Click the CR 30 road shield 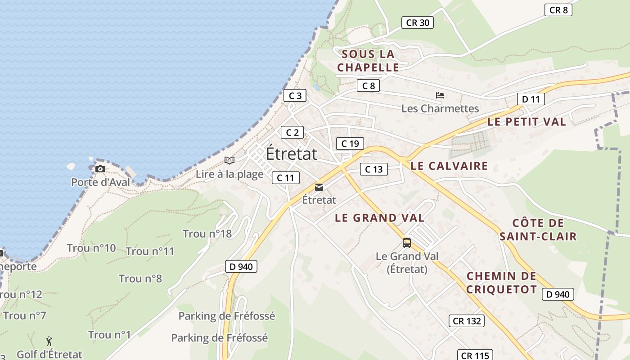(x=418, y=22)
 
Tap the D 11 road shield (x=531, y=99)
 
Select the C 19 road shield (x=350, y=144)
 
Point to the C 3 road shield (x=295, y=95)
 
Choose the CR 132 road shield (x=467, y=321)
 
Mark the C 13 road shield (x=373, y=169)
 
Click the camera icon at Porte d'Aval (x=100, y=169)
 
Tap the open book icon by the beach (x=229, y=160)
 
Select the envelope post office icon (x=319, y=187)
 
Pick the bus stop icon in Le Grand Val (x=407, y=243)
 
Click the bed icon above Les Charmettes (x=440, y=95)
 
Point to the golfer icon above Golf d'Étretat (x=49, y=341)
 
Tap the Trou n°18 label (x=207, y=234)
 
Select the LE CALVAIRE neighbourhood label (x=449, y=166)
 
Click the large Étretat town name (x=292, y=154)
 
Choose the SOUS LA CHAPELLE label (x=368, y=61)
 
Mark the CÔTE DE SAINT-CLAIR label (x=538, y=229)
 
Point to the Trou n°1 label (x=109, y=335)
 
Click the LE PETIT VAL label (x=526, y=121)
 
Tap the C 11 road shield (x=285, y=178)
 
